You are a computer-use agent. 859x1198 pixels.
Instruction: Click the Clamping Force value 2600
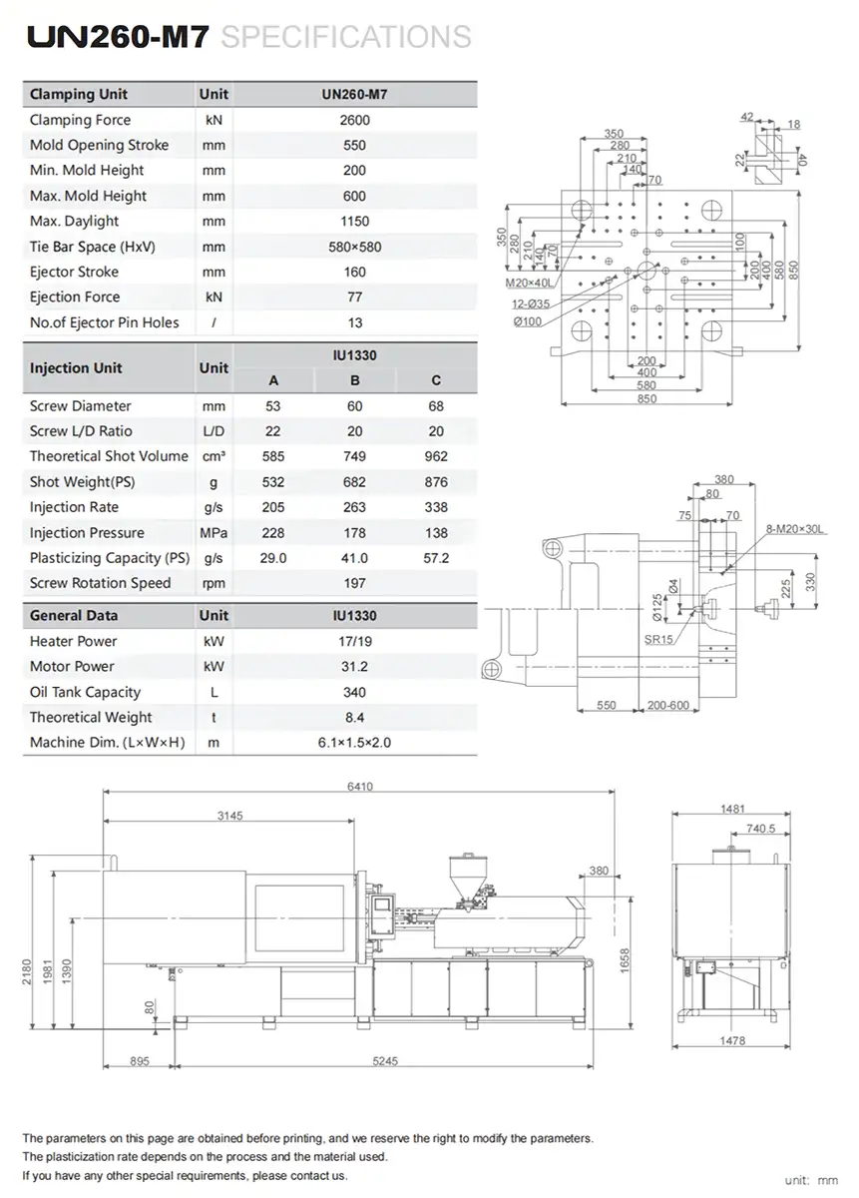point(354,120)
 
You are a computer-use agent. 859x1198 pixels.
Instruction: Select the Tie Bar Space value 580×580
point(354,247)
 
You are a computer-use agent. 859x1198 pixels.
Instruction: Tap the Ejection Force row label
point(75,298)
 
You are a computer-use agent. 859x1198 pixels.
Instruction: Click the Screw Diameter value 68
point(436,406)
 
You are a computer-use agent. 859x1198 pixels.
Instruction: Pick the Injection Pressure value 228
point(273,533)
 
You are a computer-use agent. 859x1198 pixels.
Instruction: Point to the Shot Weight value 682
point(354,482)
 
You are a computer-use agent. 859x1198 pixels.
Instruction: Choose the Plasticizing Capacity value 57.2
point(436,558)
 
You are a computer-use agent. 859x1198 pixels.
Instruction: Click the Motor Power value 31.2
point(354,667)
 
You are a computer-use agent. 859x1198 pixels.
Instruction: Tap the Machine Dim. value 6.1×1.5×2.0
point(354,743)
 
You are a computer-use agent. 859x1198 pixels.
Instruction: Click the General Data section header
point(74,616)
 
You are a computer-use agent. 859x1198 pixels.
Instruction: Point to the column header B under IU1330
point(354,380)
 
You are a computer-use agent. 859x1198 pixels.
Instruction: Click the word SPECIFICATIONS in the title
point(345,37)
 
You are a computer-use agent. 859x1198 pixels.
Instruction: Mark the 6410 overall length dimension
point(360,787)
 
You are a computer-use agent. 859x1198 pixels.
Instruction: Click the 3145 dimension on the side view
point(229,816)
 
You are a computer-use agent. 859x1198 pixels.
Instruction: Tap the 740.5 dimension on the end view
point(759,829)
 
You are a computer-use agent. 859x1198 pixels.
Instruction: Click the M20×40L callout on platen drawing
point(527,283)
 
